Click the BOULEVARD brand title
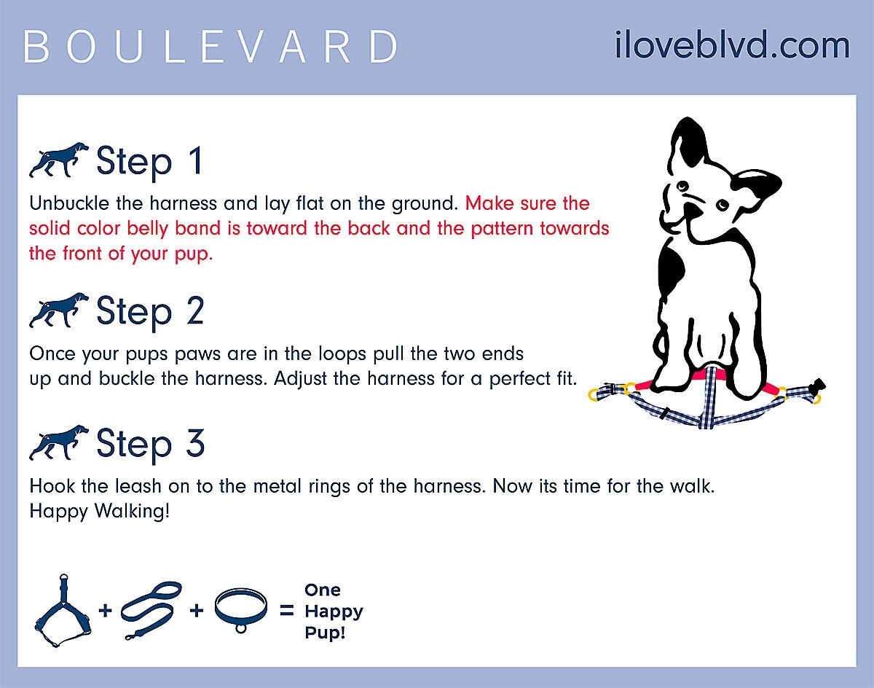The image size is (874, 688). pyautogui.click(x=210, y=47)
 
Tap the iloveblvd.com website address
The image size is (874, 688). pyautogui.click(x=732, y=44)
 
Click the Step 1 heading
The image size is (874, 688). pyautogui.click(x=150, y=162)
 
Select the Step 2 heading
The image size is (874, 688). pyautogui.click(x=150, y=312)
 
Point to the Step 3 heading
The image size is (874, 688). pyautogui.click(x=151, y=444)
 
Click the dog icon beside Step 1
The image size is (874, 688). pyautogui.click(x=59, y=160)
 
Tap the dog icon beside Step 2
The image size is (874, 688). pyautogui.click(x=59, y=310)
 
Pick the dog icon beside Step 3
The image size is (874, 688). pyautogui.click(x=59, y=442)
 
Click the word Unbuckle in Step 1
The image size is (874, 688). pyautogui.click(x=69, y=203)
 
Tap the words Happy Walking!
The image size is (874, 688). pyautogui.click(x=100, y=511)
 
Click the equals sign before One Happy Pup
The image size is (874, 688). pyautogui.click(x=287, y=610)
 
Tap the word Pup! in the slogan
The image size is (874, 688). pyautogui.click(x=325, y=633)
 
